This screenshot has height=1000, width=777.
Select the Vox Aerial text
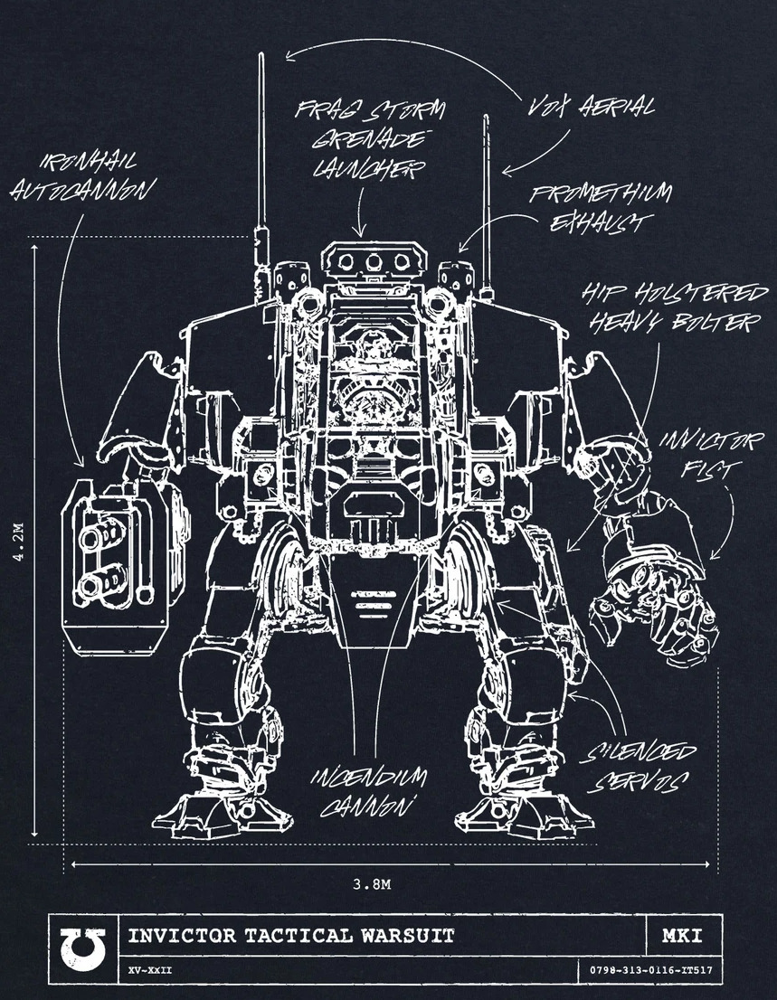click(x=592, y=108)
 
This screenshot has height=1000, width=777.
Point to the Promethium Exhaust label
click(x=601, y=207)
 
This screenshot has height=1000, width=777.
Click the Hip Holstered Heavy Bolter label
click(x=674, y=307)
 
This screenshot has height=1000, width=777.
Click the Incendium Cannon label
click(x=372, y=792)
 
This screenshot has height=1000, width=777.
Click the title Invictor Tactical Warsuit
click(x=291, y=935)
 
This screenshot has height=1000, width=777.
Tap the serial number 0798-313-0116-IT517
click(x=651, y=971)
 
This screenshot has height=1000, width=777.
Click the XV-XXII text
click(x=151, y=971)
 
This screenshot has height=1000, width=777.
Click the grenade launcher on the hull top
click(x=373, y=261)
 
